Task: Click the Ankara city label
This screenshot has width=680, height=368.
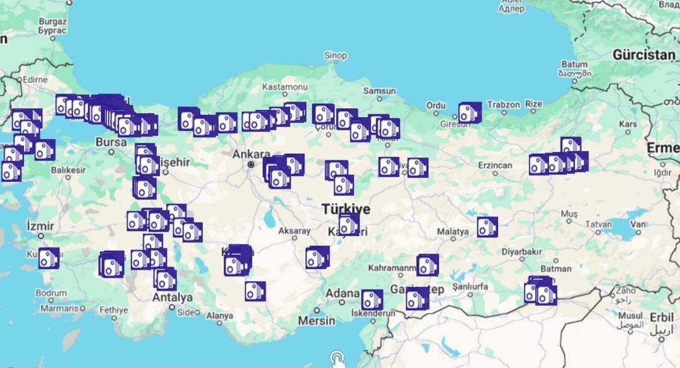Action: click(x=251, y=154)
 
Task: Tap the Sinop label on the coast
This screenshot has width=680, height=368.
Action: click(x=336, y=55)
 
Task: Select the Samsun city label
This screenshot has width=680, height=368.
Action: click(x=380, y=91)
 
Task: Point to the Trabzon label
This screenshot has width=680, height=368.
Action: click(x=504, y=104)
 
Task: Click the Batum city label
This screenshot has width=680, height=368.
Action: click(x=574, y=64)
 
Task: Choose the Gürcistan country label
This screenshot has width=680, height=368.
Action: click(x=643, y=55)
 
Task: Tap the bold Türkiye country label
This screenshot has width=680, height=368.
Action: click(x=346, y=208)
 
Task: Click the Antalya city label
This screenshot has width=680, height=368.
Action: click(x=173, y=297)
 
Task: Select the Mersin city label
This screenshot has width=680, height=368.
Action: click(x=316, y=320)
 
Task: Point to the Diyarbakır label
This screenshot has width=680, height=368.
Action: click(x=521, y=252)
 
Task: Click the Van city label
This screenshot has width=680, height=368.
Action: click(x=638, y=224)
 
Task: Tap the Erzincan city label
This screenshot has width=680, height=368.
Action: click(x=495, y=165)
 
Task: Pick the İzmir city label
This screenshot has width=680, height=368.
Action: click(x=40, y=225)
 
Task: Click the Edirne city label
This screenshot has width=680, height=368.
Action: click(x=35, y=80)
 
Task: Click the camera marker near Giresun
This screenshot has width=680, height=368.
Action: click(x=469, y=113)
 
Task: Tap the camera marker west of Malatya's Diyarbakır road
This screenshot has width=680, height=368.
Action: click(x=487, y=227)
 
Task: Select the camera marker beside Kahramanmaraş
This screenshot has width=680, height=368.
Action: click(x=428, y=265)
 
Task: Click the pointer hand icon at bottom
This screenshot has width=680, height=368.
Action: click(x=337, y=359)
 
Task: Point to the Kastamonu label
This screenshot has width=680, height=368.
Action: click(x=285, y=86)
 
